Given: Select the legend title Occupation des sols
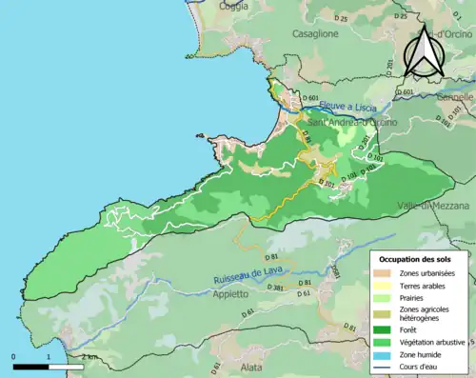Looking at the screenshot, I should (415, 258).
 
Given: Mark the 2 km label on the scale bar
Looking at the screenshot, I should (89, 356).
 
